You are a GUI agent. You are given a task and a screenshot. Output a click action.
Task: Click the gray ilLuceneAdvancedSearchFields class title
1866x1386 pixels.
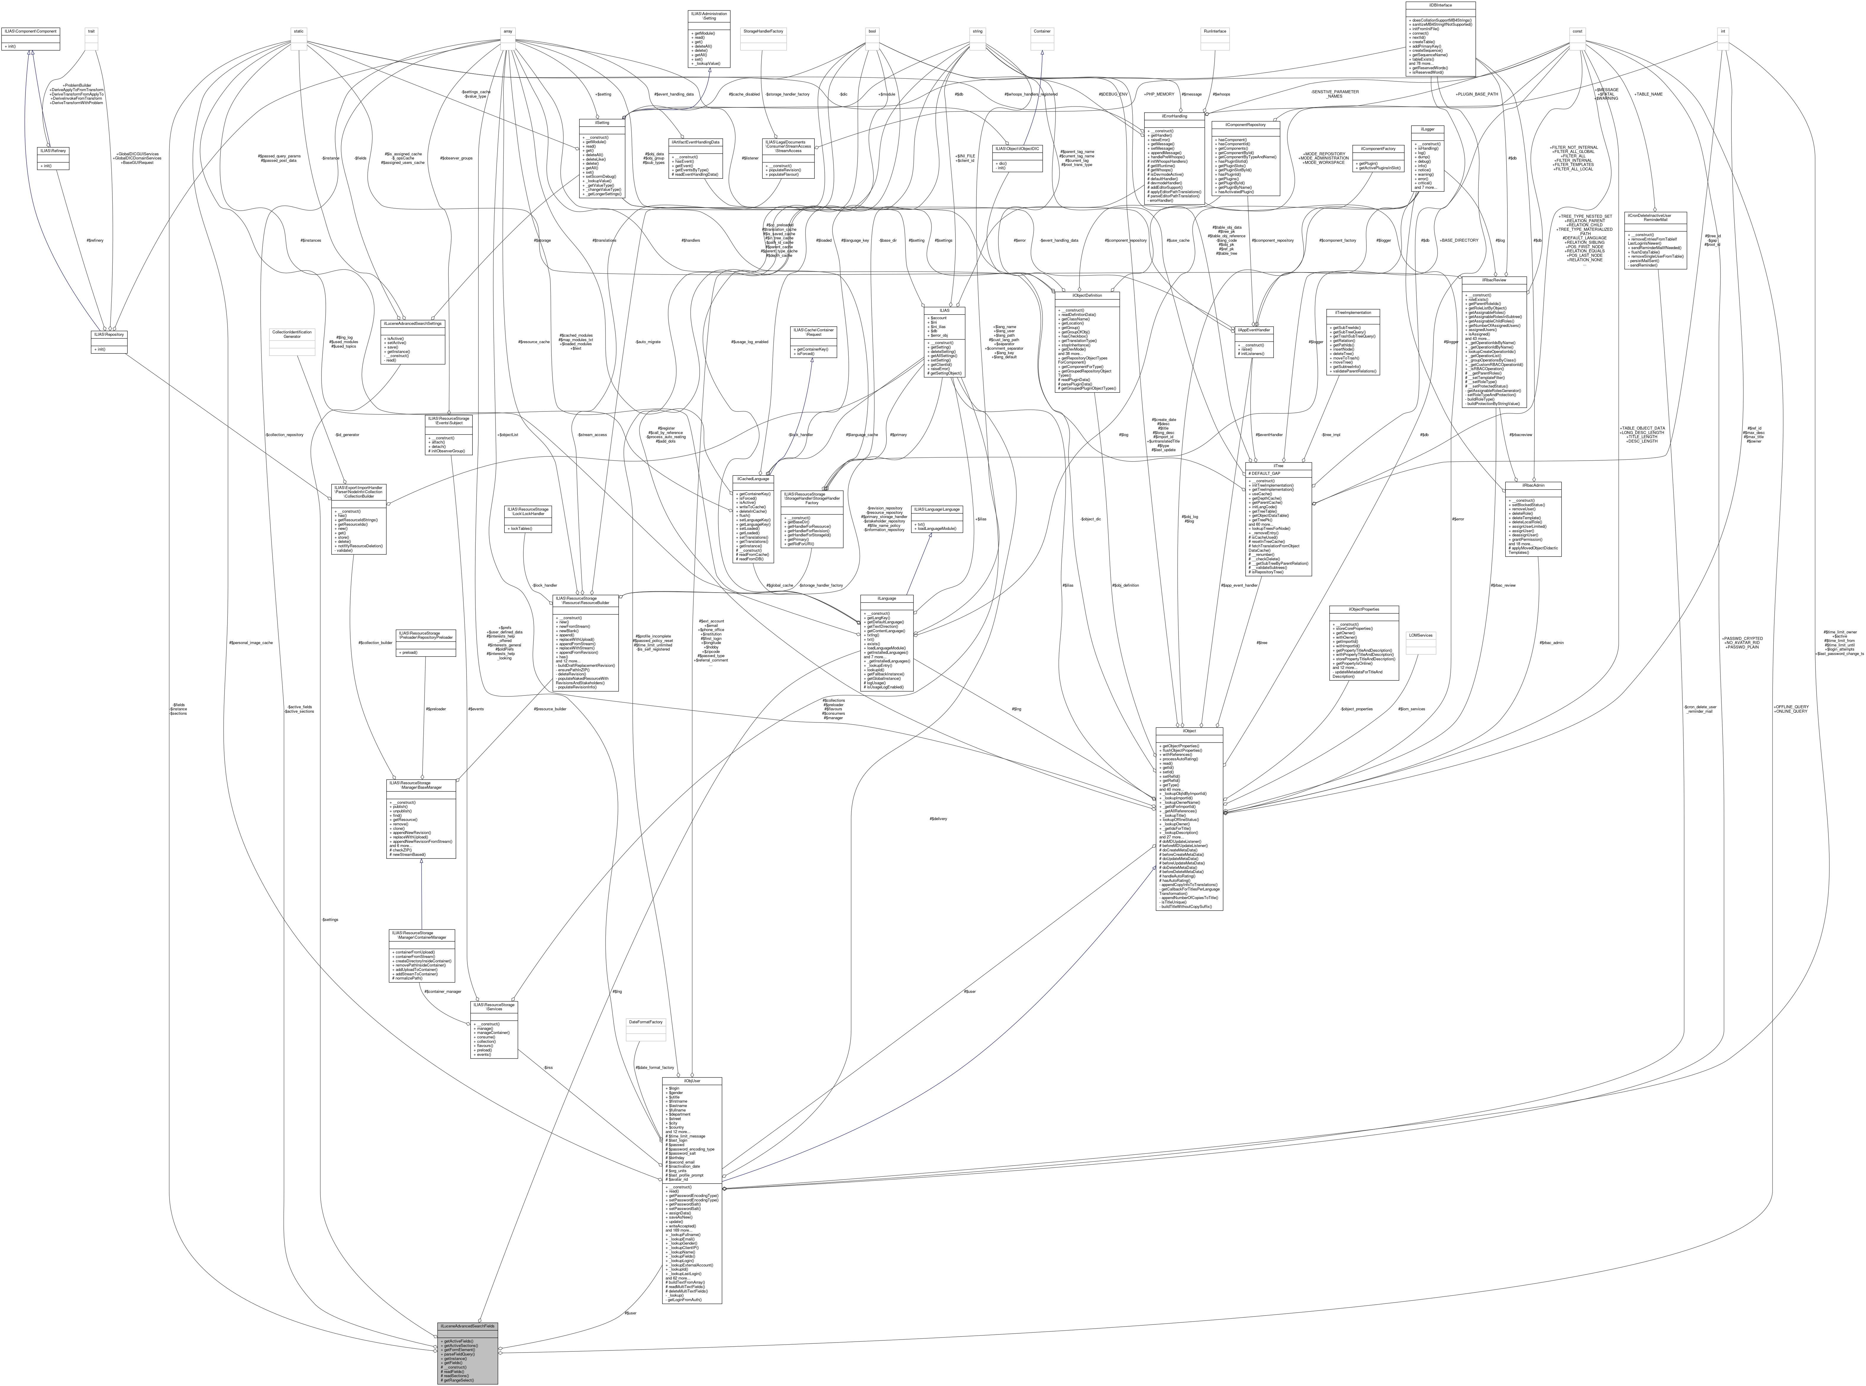click(x=467, y=1327)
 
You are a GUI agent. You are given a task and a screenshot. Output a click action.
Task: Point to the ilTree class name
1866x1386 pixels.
click(x=1278, y=466)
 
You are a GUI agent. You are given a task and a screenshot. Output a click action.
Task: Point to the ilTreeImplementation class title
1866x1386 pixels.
click(x=1352, y=312)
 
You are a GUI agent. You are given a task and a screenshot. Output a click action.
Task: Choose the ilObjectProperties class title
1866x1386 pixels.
click(x=1352, y=609)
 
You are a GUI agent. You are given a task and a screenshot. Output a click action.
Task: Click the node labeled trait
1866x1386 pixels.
click(x=91, y=31)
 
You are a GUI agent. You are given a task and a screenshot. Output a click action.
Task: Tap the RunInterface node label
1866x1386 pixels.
click(x=1215, y=31)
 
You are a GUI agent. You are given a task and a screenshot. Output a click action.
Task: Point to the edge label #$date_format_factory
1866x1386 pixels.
click(x=654, y=1068)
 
